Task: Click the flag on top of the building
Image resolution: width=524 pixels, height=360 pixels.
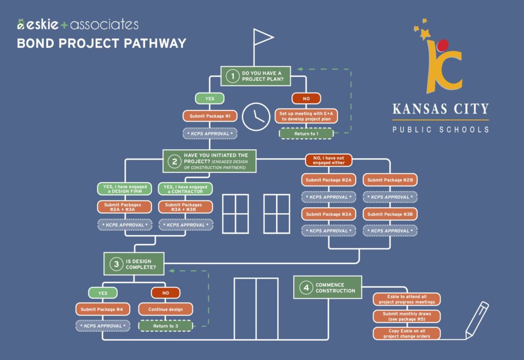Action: pos(263,37)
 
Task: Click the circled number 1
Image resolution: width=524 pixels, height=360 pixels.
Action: pos(232,76)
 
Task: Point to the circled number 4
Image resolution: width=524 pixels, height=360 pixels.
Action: pos(306,288)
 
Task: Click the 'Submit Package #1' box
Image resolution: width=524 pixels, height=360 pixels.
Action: pos(210,117)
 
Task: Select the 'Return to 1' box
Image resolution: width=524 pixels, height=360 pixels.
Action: pos(306,134)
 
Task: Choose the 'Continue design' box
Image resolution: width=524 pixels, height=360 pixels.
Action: pos(165,309)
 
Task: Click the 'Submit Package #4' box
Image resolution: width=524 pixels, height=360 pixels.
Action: pos(102,309)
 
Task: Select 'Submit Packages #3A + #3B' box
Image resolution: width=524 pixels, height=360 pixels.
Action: pos(185,207)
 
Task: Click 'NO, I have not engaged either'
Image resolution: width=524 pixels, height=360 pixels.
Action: pos(329,160)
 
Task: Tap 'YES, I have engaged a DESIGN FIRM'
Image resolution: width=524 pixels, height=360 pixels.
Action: pos(125,189)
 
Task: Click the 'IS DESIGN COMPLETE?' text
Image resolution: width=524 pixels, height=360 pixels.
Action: pos(139,264)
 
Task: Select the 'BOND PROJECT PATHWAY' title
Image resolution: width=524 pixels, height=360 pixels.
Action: pos(101,43)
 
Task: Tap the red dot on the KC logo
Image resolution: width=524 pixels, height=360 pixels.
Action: pos(444,46)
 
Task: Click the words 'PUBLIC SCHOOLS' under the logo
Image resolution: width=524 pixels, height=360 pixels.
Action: pos(441,129)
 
